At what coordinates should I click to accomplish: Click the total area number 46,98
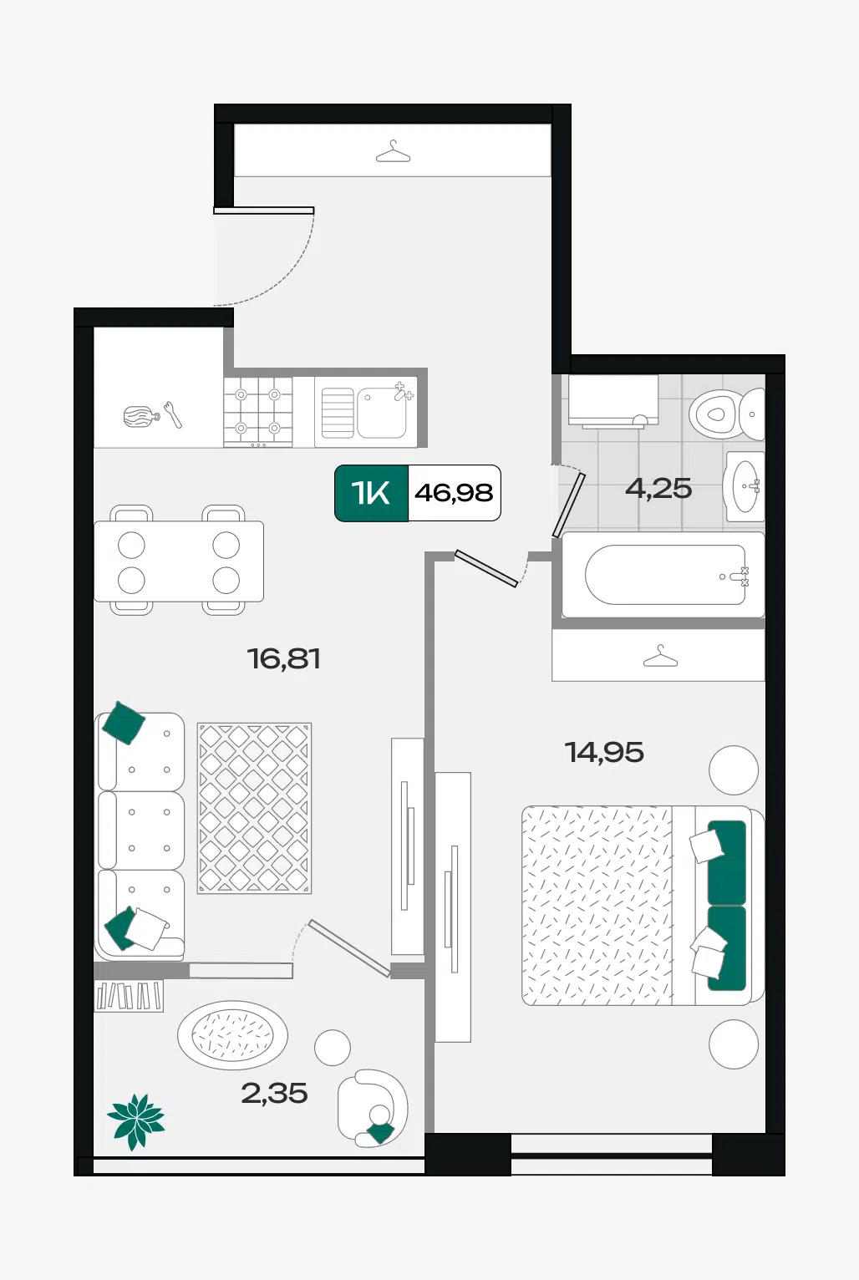tap(454, 493)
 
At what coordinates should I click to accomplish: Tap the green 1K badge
tap(372, 493)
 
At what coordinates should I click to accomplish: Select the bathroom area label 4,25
tap(658, 489)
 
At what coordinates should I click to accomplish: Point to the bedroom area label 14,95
tap(604, 752)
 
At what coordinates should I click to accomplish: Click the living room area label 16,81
tap(283, 658)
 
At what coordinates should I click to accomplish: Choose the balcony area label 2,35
tap(274, 1093)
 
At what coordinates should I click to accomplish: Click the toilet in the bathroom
tap(726, 414)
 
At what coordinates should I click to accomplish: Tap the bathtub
tap(663, 575)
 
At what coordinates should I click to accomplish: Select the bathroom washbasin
tap(744, 485)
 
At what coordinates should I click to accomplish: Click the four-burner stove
tap(257, 411)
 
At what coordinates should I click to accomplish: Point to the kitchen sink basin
tap(381, 412)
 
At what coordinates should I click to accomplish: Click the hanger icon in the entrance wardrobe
tap(393, 151)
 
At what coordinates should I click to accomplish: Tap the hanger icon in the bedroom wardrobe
tap(660, 656)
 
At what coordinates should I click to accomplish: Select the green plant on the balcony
tap(136, 1122)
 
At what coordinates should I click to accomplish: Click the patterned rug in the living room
tap(254, 808)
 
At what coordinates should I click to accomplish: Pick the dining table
tap(179, 561)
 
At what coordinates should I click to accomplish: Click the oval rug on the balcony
tap(232, 1035)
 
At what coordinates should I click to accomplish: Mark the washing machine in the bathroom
tap(613, 400)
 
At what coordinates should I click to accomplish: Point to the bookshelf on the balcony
tap(130, 995)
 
